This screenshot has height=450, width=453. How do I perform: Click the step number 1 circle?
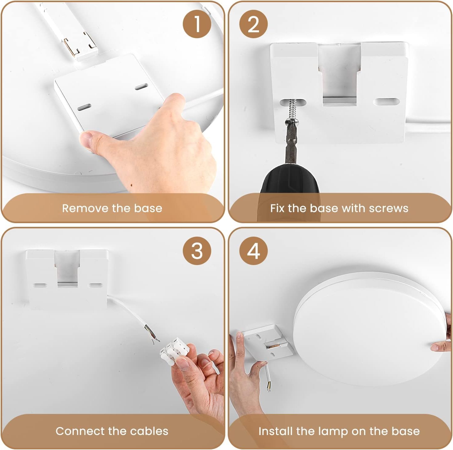coord(197,24)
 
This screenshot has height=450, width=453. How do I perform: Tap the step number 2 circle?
coord(253,24)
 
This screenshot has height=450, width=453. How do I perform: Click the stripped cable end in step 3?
coord(152,334)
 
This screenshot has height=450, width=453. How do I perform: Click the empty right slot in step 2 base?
coord(387,102)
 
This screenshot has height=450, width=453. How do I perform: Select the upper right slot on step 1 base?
coord(141,87)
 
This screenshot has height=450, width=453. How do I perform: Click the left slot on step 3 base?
coord(40,286)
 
